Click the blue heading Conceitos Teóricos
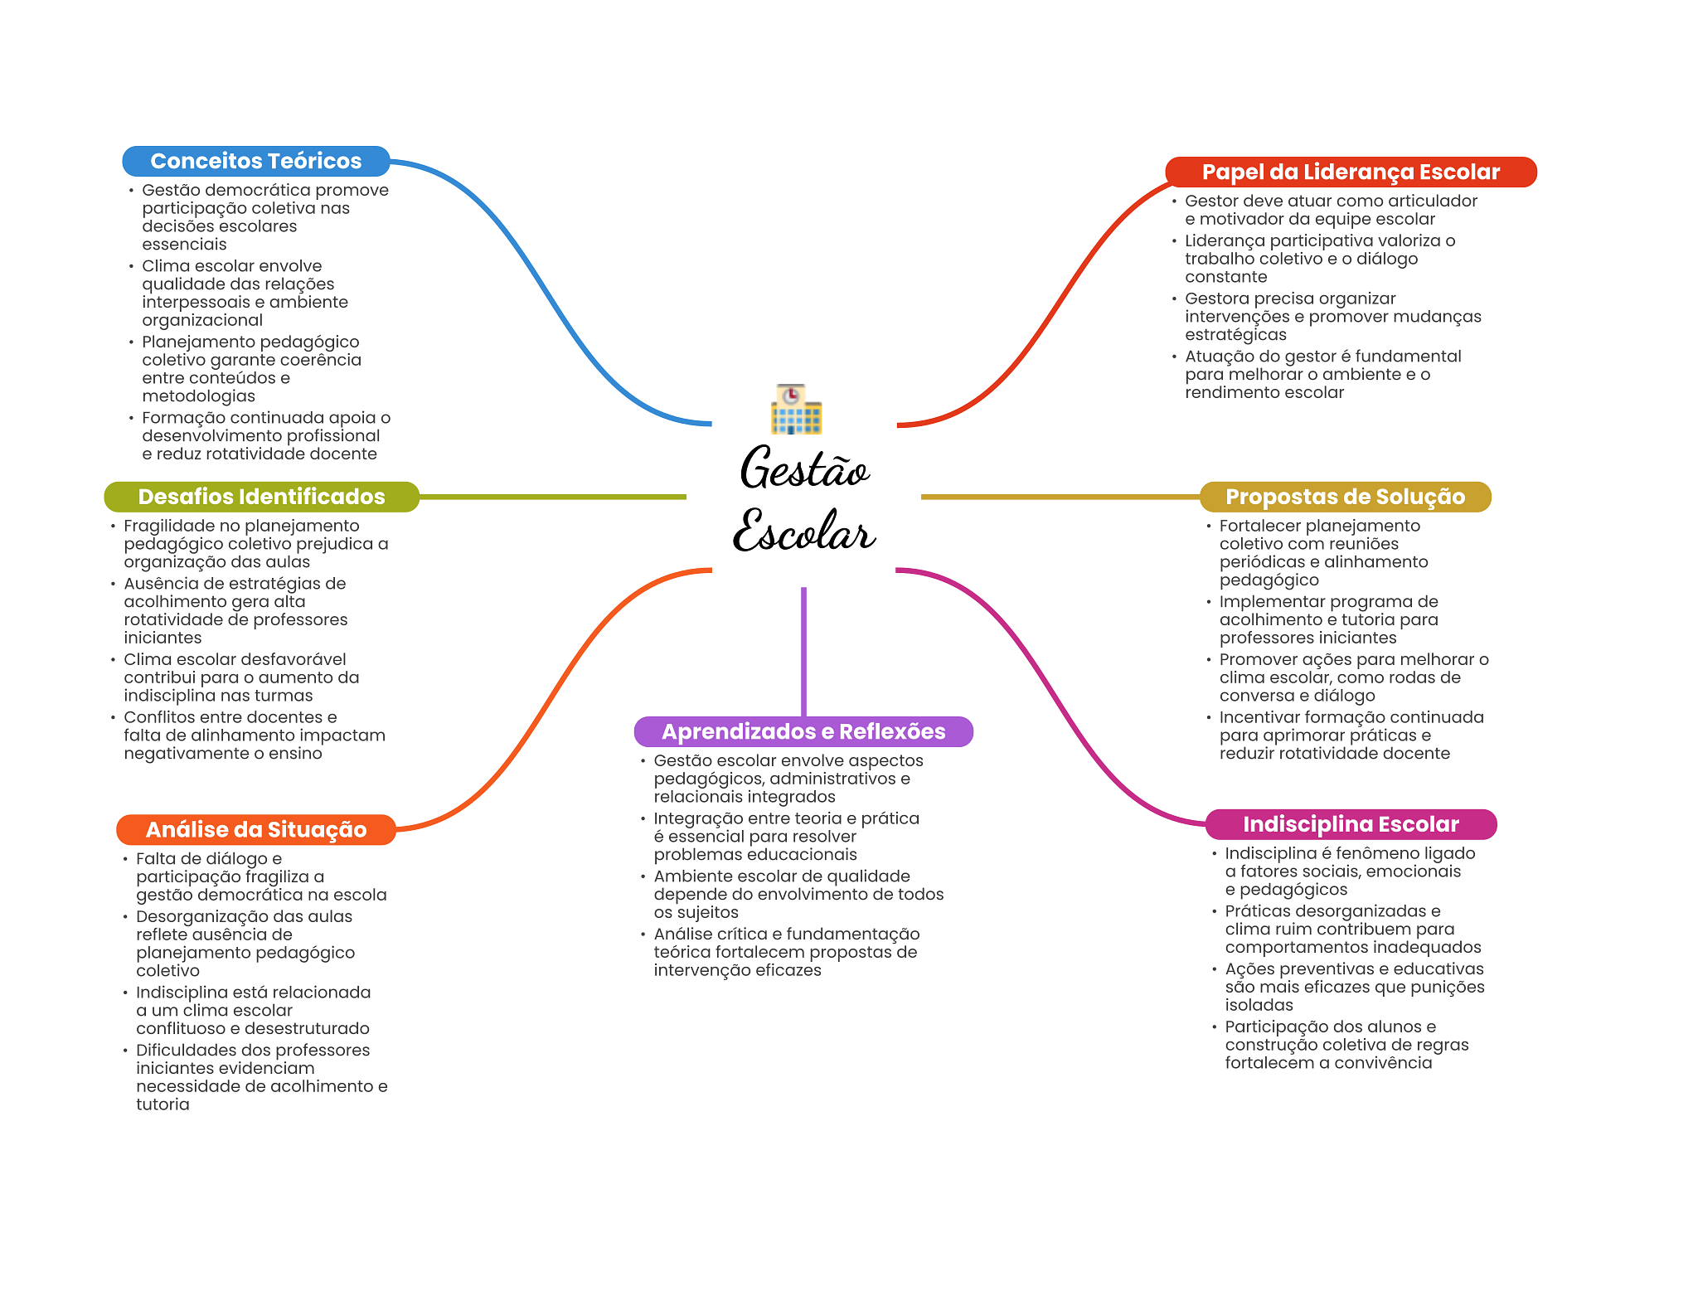coord(255,161)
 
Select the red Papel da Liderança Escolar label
coord(1350,172)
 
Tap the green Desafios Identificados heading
coord(261,497)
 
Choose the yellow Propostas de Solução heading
coord(1345,497)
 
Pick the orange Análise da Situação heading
coord(255,829)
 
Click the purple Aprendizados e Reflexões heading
coord(803,731)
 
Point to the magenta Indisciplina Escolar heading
coord(1350,824)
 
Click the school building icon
coord(796,410)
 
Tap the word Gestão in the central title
coord(804,469)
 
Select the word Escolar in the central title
coord(804,532)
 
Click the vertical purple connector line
coord(803,651)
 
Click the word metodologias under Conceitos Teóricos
coord(198,396)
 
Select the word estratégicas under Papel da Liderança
coord(1235,335)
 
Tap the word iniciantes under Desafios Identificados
coord(163,638)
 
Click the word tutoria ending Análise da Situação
coord(163,1104)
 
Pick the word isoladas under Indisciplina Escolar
coord(1259,1005)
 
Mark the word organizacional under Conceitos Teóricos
coord(202,320)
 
